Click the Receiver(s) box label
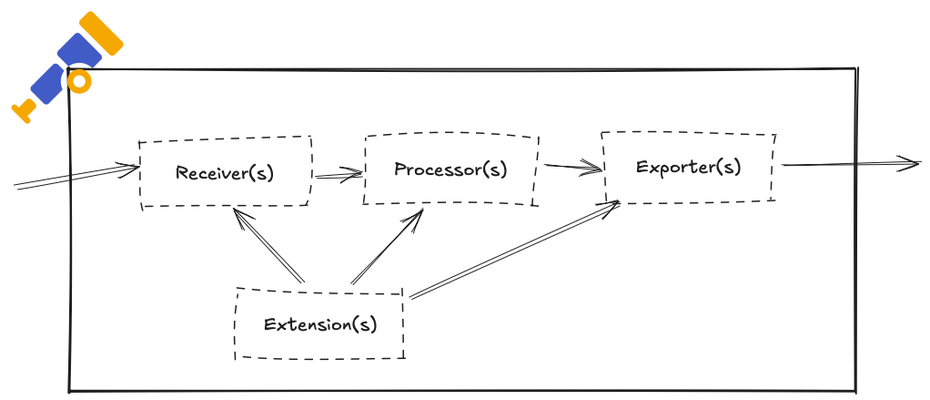[x=225, y=173]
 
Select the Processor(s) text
[x=450, y=169]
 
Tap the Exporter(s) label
[x=689, y=167]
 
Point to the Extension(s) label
[x=320, y=324]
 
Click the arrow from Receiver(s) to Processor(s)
[x=339, y=175]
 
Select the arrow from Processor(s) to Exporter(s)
[x=573, y=167]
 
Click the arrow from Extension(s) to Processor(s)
[x=387, y=246]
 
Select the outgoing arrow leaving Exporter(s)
[x=852, y=164]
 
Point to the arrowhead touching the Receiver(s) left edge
[x=130, y=169]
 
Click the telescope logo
[x=67, y=67]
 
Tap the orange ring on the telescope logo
[x=79, y=82]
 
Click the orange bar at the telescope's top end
[x=101, y=33]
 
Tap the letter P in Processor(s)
[x=400, y=169]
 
